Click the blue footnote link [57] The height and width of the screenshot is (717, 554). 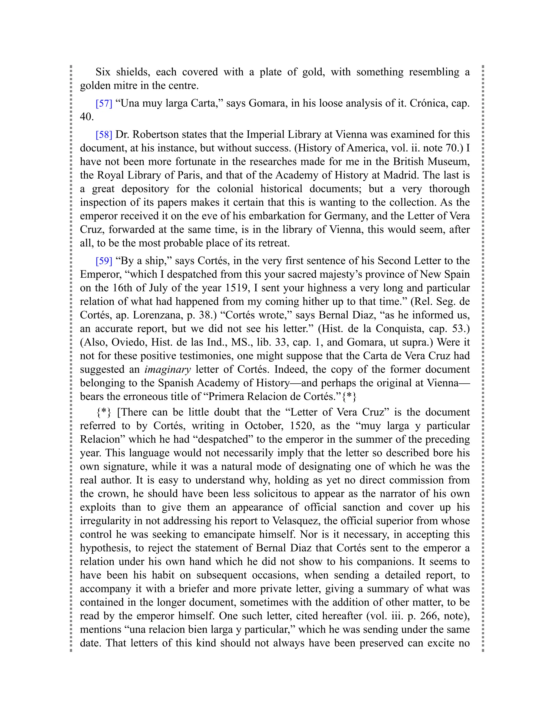(x=104, y=103)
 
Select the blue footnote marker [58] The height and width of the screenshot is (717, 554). (x=104, y=134)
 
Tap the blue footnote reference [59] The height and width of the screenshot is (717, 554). (x=104, y=261)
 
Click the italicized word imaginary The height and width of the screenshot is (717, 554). (x=167, y=370)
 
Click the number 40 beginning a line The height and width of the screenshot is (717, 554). (x=86, y=117)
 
